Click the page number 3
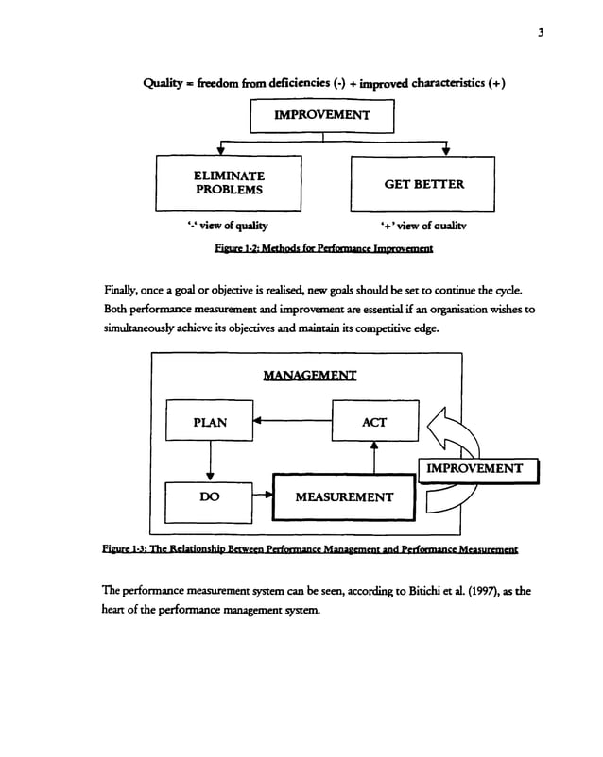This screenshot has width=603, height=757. click(540, 33)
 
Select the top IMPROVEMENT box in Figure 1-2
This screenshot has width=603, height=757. click(321, 116)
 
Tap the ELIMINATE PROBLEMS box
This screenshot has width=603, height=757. click(229, 183)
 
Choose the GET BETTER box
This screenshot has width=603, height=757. click(423, 184)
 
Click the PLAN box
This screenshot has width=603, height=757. click(209, 422)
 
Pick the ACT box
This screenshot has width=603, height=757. click(373, 422)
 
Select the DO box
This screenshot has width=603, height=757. click(209, 496)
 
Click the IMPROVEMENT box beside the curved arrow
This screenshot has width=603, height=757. click(474, 468)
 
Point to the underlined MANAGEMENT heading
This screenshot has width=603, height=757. click(310, 376)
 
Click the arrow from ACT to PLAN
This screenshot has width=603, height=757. click(292, 422)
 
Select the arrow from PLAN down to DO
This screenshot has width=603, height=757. click(209, 463)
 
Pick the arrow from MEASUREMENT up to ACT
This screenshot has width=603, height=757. click(374, 458)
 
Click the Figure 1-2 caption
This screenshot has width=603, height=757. click(323, 249)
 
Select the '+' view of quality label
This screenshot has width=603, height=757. click(422, 226)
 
